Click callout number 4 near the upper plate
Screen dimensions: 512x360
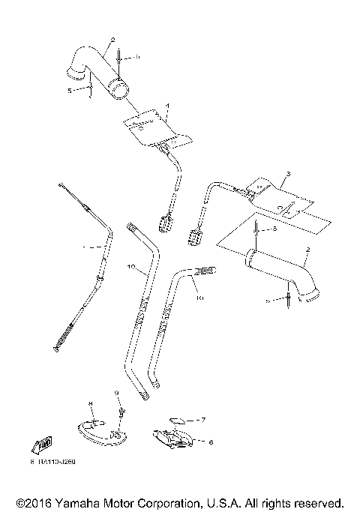click(x=168, y=106)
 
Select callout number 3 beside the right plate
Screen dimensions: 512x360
click(x=287, y=174)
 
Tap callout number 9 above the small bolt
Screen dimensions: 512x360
click(x=116, y=393)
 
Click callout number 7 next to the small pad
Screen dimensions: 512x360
click(x=202, y=421)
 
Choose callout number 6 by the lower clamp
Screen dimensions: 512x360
click(x=211, y=442)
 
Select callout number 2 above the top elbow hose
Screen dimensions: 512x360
click(x=112, y=38)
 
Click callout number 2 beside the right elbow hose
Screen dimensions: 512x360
click(x=307, y=259)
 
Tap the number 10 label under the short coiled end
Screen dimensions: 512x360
click(x=199, y=298)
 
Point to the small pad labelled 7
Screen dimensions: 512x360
click(x=177, y=421)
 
